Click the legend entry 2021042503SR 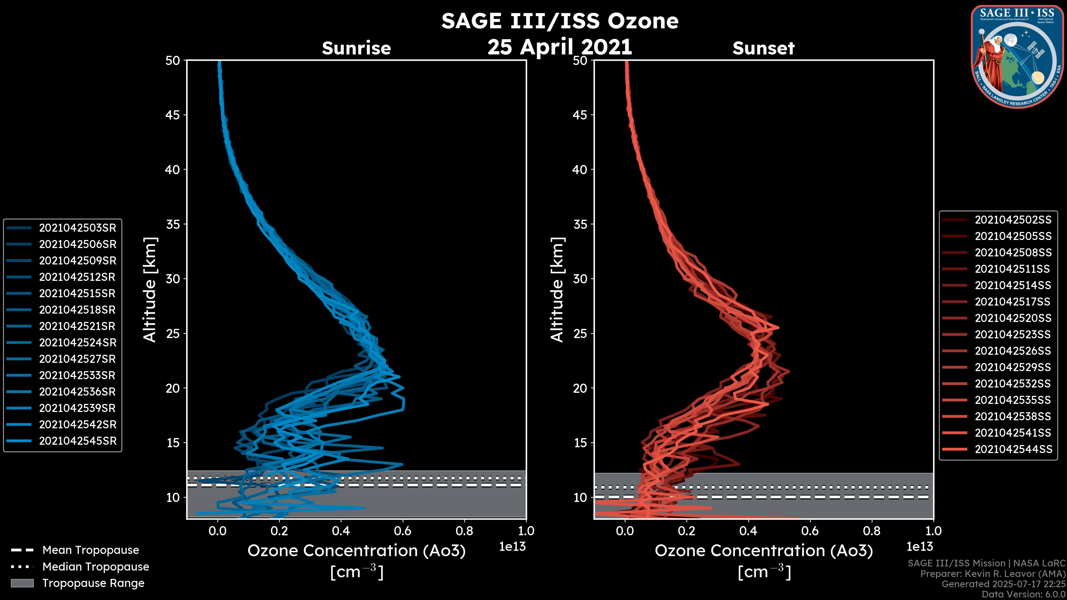(78, 228)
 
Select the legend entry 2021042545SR (78, 441)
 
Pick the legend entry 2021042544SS (1013, 449)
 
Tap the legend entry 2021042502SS (1013, 220)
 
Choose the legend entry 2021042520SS (1013, 318)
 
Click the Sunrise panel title (356, 48)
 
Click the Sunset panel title (763, 48)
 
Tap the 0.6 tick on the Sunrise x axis (403, 531)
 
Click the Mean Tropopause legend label (91, 550)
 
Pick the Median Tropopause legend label (96, 567)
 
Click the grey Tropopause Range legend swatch (22, 583)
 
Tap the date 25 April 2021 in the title (560, 47)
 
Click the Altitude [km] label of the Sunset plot (557, 289)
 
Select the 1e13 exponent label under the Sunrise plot (512, 547)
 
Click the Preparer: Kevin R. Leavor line (993, 574)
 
